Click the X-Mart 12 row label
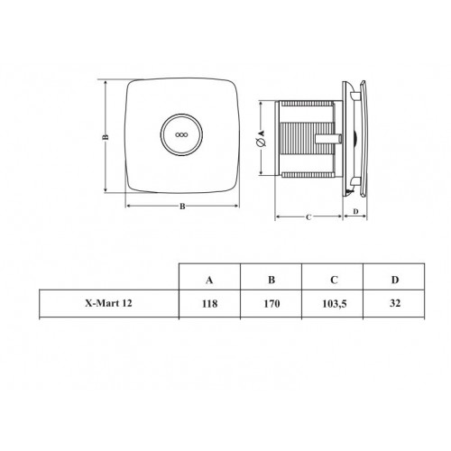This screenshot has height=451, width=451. point(108,303)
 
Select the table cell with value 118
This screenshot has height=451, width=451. point(209,304)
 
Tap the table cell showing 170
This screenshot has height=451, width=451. point(272,304)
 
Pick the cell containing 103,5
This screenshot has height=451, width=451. point(335,304)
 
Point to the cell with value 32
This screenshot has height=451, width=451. point(395,303)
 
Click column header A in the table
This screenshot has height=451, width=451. point(209,281)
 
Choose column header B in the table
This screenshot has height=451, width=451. point(272,280)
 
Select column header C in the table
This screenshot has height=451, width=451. point(334,280)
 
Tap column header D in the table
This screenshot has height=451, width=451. point(395,280)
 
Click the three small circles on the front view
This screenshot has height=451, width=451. point(181,134)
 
